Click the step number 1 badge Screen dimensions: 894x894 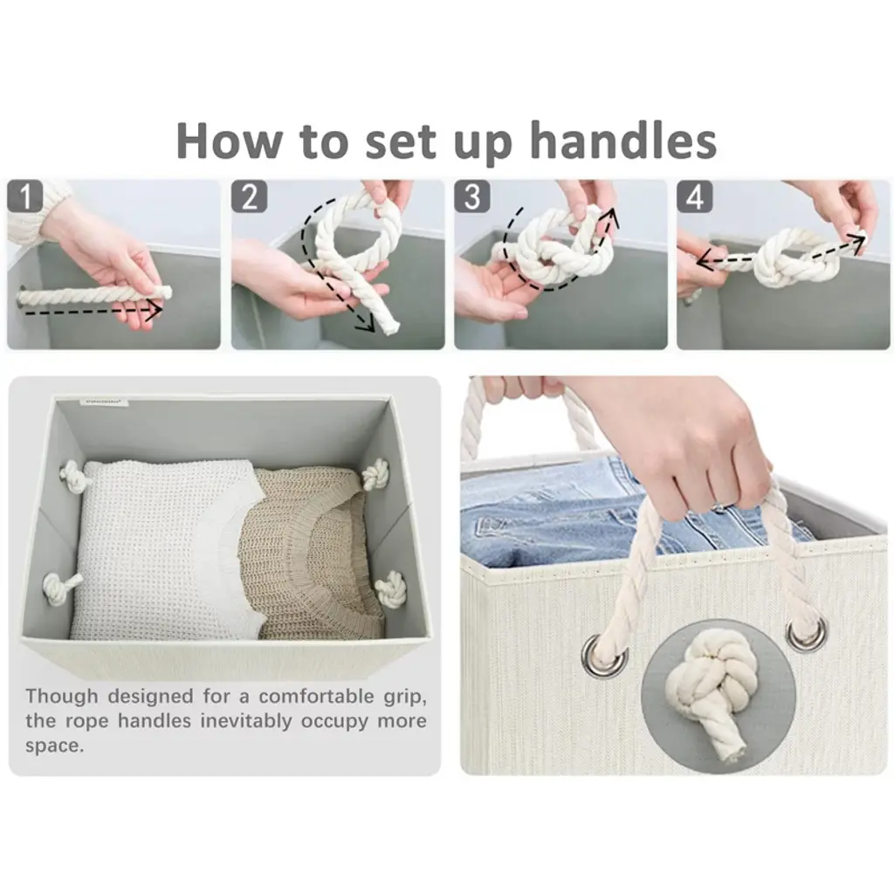pyautogui.click(x=25, y=196)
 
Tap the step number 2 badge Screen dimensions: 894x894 pyautogui.click(x=249, y=196)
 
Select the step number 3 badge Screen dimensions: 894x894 pyautogui.click(x=472, y=196)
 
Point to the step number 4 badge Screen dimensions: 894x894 pyautogui.click(x=695, y=196)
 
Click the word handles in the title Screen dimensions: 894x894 pyautogui.click(x=623, y=141)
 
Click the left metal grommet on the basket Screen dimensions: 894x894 pyautogui.click(x=604, y=656)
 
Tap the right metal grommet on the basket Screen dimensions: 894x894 pyautogui.click(x=806, y=633)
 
